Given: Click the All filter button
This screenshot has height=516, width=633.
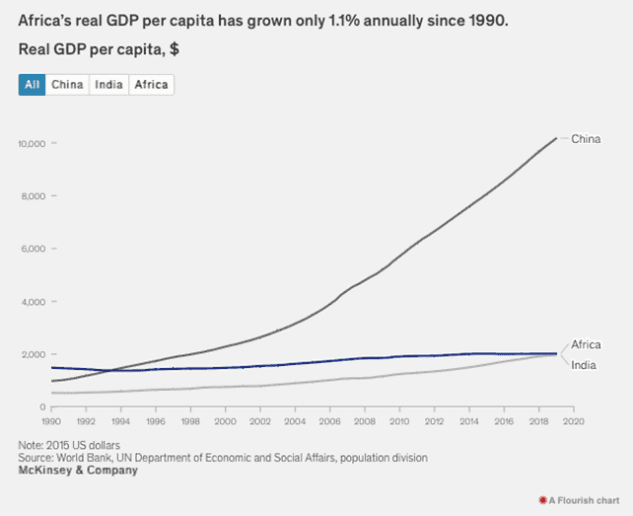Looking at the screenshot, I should click(x=32, y=85).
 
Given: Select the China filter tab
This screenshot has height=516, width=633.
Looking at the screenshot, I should click(x=67, y=85).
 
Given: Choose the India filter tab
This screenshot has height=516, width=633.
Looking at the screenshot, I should click(x=108, y=85).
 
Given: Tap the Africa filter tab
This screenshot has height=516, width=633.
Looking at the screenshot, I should click(x=151, y=85).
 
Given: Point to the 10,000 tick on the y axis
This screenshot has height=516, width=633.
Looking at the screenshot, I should click(x=32, y=144).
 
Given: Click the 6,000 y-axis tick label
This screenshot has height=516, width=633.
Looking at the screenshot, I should click(x=35, y=249).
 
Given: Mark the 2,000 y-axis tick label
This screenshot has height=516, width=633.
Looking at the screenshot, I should click(x=35, y=354).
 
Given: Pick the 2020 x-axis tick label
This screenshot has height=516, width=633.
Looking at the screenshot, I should click(x=575, y=421).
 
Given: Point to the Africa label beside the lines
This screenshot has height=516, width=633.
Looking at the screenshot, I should click(x=586, y=344).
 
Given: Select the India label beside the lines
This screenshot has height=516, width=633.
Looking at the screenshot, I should click(x=584, y=366).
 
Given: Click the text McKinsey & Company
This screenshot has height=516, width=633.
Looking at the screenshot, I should click(x=78, y=471).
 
